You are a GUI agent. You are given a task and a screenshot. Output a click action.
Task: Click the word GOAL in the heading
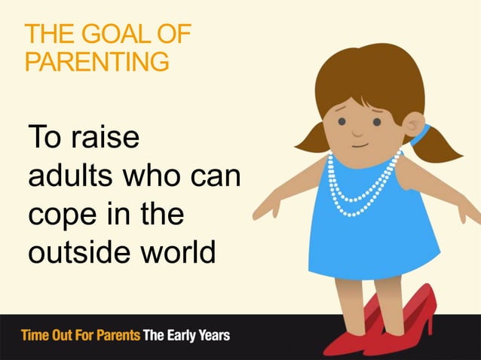tap(106, 35)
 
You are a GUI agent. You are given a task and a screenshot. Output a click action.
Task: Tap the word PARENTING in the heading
tap(97, 61)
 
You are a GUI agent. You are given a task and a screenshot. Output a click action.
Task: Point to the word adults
tap(73, 179)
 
